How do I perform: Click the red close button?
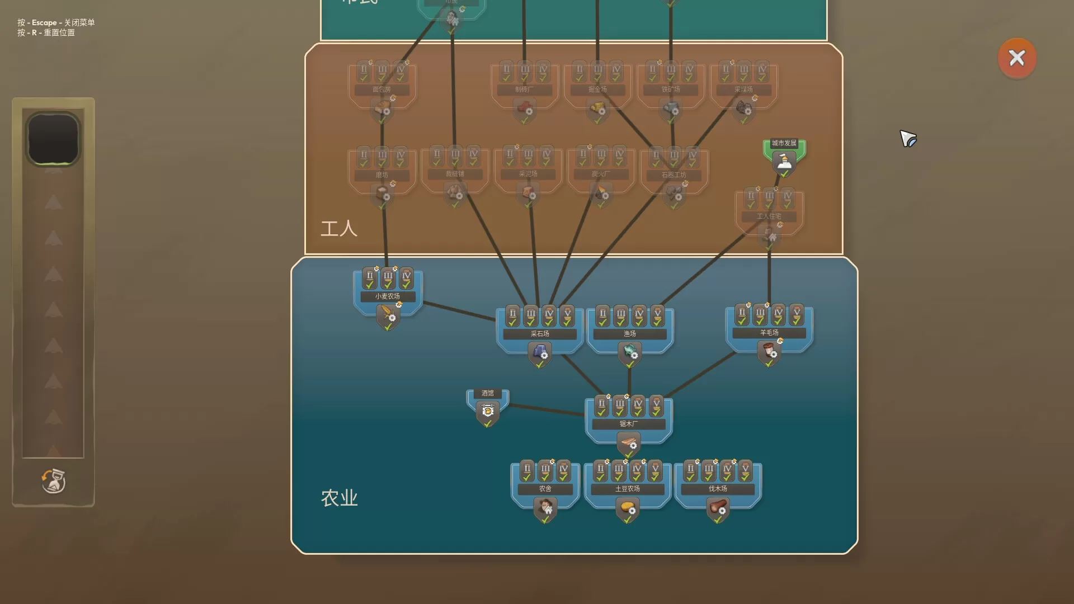[1016, 58]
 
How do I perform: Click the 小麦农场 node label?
[387, 296]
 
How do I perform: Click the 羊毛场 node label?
[769, 333]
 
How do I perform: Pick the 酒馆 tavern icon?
[487, 411]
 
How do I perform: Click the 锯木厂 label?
[628, 424]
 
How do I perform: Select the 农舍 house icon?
[545, 508]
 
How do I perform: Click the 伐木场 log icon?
[718, 508]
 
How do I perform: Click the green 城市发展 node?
[784, 157]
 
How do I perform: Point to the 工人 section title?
[338, 228]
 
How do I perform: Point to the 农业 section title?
[339, 498]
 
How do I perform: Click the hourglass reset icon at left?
[53, 481]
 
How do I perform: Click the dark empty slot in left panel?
[53, 139]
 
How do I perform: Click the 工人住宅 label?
[769, 216]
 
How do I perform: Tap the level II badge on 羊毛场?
[742, 314]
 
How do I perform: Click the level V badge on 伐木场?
[745, 471]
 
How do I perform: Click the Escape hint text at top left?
[56, 22]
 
